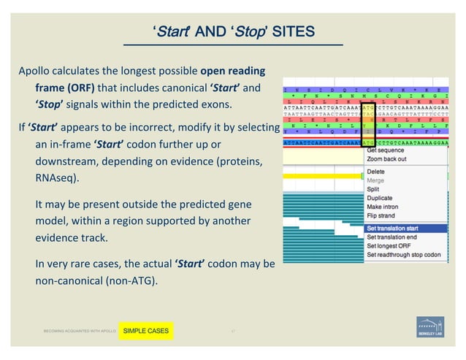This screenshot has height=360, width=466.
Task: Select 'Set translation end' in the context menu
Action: click(397, 237)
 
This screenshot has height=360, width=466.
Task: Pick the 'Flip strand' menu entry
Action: click(383, 215)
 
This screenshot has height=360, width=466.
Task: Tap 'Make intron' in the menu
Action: click(383, 207)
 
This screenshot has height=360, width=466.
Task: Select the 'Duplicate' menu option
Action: click(381, 198)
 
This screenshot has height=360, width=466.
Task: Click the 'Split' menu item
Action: click(374, 189)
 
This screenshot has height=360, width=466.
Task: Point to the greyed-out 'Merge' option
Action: click(375, 180)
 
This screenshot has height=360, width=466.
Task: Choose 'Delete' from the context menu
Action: click(375, 172)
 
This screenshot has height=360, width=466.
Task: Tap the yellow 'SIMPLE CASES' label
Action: click(145, 332)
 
